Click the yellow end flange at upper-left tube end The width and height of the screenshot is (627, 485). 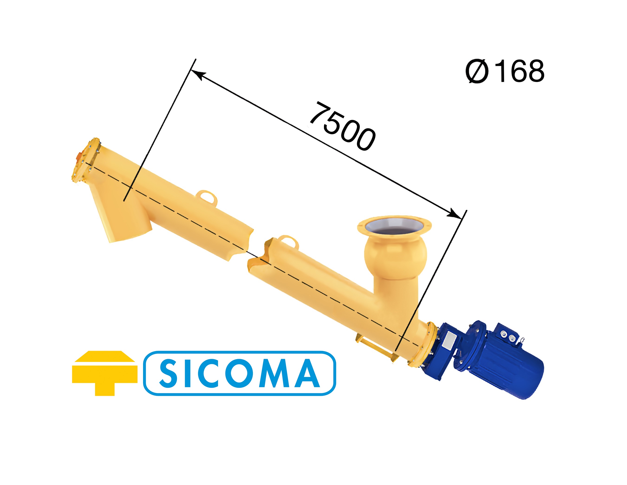(86, 161)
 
